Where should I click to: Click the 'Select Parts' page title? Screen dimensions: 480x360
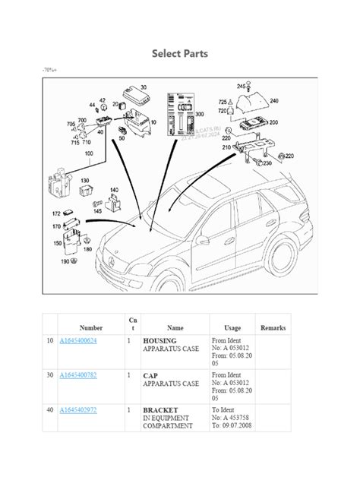point(180,54)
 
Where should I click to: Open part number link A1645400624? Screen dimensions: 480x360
point(89,341)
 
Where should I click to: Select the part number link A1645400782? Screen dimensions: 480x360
point(89,375)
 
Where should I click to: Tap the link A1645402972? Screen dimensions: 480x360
point(89,410)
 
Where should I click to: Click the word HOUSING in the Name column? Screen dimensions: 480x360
point(160,341)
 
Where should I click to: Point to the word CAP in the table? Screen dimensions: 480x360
point(150,375)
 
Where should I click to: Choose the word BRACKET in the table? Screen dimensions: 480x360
point(161,410)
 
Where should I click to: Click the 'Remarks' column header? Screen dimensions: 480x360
point(273,327)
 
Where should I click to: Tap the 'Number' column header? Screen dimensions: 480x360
point(91,327)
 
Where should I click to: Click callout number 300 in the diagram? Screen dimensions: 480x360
point(200,114)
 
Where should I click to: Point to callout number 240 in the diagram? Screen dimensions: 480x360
point(273,100)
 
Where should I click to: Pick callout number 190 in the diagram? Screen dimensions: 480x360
point(66,261)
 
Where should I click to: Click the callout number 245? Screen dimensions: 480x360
point(241,86)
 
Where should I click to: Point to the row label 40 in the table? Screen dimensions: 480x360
point(51,410)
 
